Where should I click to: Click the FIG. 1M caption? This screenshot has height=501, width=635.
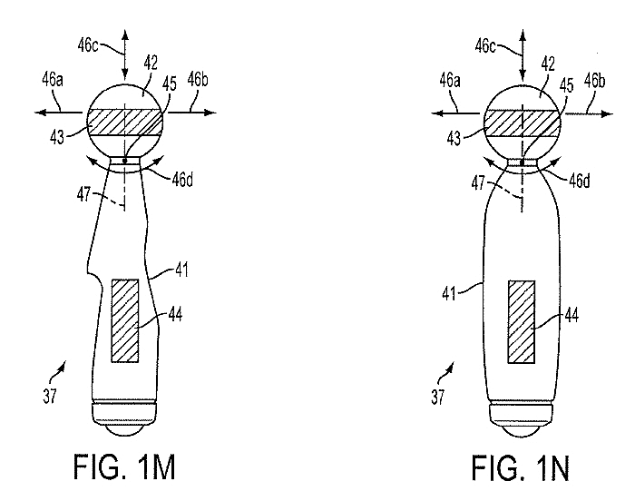pyautogui.click(x=124, y=467)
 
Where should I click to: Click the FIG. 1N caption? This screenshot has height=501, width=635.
pyautogui.click(x=521, y=468)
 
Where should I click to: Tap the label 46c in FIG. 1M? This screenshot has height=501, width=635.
pyautogui.click(x=88, y=45)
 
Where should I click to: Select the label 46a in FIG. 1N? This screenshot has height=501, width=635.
pyautogui.click(x=450, y=81)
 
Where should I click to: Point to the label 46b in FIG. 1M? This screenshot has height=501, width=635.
pyautogui.click(x=198, y=80)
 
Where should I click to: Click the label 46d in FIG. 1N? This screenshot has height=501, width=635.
pyautogui.click(x=580, y=181)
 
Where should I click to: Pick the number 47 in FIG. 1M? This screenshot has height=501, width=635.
pyautogui.click(x=83, y=194)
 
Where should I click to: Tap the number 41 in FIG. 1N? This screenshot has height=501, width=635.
pyautogui.click(x=449, y=293)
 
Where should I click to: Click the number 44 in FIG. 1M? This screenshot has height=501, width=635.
pyautogui.click(x=175, y=315)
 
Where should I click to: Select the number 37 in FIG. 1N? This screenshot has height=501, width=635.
pyautogui.click(x=437, y=397)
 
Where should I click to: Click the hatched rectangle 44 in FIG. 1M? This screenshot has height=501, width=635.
pyautogui.click(x=125, y=320)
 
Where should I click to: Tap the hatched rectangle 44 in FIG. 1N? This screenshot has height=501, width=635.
pyautogui.click(x=522, y=321)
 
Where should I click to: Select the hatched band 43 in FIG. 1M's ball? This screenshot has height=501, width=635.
pyautogui.click(x=125, y=123)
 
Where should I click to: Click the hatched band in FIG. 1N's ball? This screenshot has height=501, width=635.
pyautogui.click(x=523, y=123)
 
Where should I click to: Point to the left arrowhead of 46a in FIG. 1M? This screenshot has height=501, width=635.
pyautogui.click(x=39, y=113)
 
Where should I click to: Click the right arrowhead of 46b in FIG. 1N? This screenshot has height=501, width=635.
pyautogui.click(x=608, y=113)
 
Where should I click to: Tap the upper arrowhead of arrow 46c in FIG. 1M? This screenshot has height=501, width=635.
pyautogui.click(x=125, y=34)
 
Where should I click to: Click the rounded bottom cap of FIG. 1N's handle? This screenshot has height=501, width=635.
pyautogui.click(x=522, y=420)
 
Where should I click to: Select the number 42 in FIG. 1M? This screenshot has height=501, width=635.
pyautogui.click(x=151, y=64)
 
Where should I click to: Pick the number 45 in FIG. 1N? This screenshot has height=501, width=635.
pyautogui.click(x=566, y=85)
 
